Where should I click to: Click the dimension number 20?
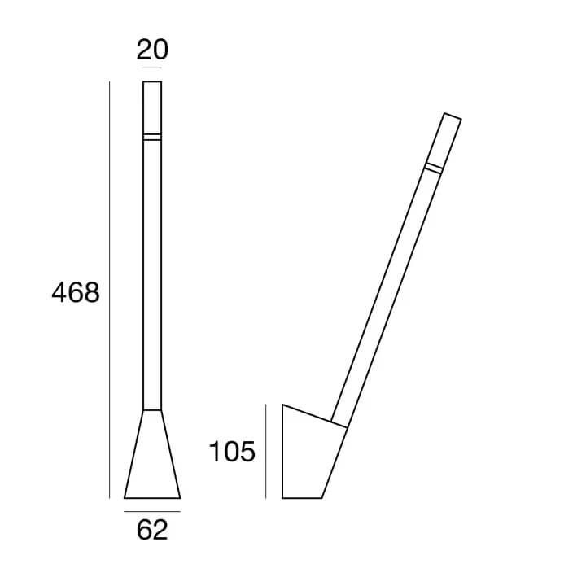[x=152, y=50]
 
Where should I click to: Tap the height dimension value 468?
[x=76, y=293]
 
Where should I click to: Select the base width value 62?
[x=152, y=530]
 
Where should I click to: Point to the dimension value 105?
[x=232, y=452]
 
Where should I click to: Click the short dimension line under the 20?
[x=152, y=68]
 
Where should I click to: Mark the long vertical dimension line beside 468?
[x=110, y=290]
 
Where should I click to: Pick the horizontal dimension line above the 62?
[x=152, y=511]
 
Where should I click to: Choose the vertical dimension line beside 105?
[x=265, y=451]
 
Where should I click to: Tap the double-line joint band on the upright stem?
[x=152, y=137]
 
